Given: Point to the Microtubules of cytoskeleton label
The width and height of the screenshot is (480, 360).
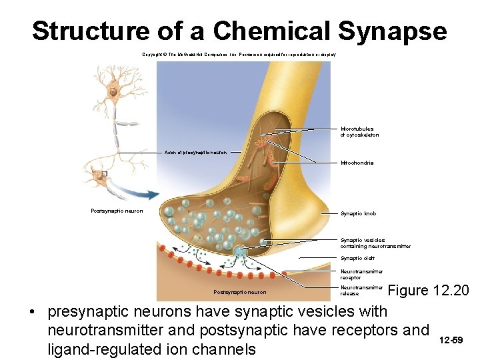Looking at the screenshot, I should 359,132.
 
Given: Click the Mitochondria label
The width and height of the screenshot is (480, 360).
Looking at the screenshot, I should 357,163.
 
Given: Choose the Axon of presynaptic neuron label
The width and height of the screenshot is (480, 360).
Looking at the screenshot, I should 195,153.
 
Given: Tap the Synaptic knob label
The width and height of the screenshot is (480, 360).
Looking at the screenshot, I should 358,213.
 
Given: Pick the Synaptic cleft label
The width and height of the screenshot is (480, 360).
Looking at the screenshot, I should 357,258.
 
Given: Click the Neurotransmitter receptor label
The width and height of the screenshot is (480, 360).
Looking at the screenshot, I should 361,274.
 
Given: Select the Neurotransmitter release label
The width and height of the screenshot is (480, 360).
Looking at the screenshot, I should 361,290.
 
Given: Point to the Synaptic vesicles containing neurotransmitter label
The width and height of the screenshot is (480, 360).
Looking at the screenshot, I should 375,243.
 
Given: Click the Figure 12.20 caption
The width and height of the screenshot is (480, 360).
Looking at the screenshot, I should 429,291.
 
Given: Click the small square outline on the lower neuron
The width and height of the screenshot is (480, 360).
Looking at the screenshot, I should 104,173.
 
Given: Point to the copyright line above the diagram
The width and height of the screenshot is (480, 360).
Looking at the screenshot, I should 239,54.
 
